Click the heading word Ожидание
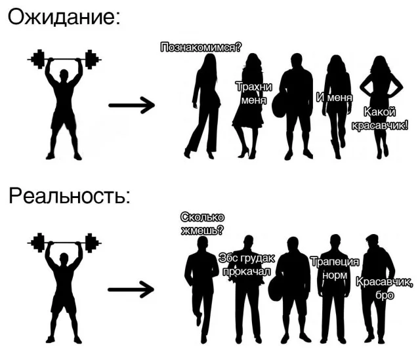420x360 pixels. pos(63,17)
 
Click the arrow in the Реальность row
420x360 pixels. pos(131,289)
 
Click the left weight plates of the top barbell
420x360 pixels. pos(39,59)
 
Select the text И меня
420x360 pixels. pos(334,98)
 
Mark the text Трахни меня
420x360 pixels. pos(253,94)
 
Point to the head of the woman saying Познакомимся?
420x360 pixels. pos(211,60)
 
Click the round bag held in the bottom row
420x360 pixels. pos(275,289)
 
